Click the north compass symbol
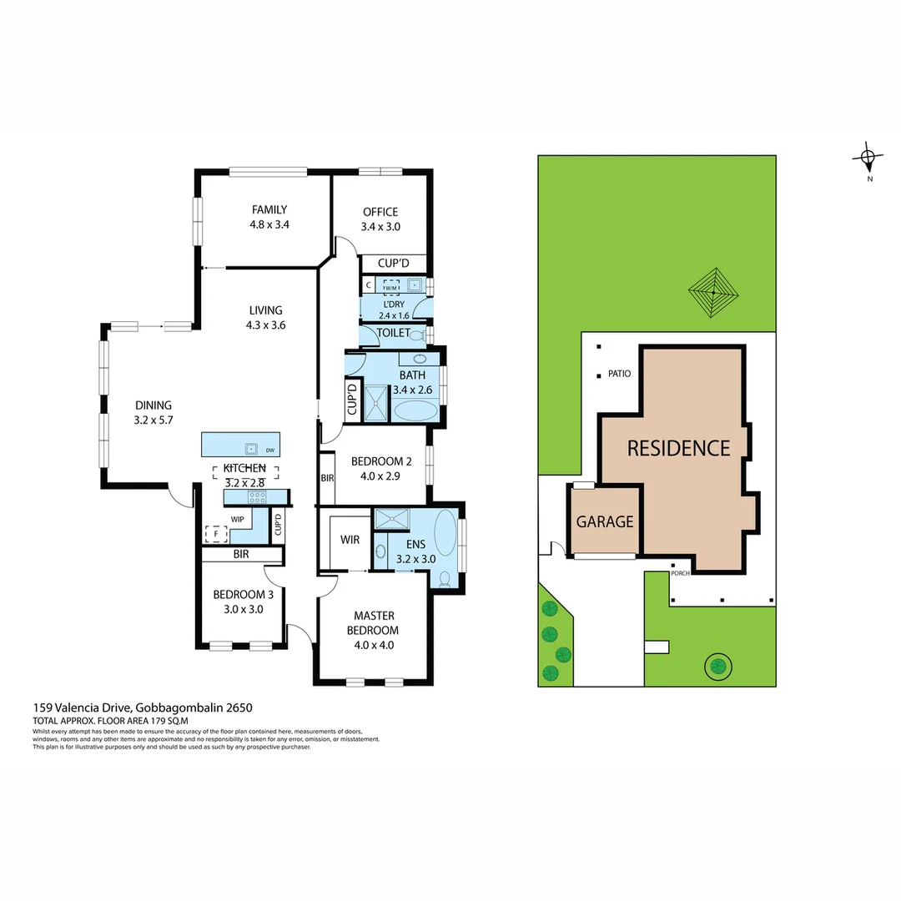[868, 157]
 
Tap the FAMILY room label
[269, 210]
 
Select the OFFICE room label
[380, 212]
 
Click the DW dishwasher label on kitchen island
[270, 450]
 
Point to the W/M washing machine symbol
[390, 286]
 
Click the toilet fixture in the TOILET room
[425, 334]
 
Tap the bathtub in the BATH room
[415, 410]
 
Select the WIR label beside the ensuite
[350, 540]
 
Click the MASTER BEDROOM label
[373, 623]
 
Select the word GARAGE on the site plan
[605, 522]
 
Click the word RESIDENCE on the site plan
[678, 448]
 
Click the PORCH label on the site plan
[681, 573]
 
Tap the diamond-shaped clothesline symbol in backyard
[713, 292]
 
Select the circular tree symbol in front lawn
[717, 666]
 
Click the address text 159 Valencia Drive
[83, 707]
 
